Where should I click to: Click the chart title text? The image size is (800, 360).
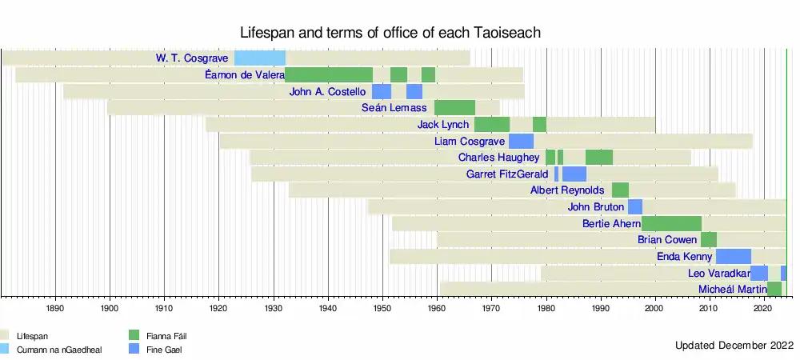tap(391, 33)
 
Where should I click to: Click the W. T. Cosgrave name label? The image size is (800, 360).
tap(193, 58)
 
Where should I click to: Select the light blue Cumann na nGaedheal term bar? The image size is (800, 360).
tap(259, 58)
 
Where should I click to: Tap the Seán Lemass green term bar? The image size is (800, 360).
tap(454, 107)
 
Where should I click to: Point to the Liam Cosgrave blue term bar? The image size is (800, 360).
tap(521, 141)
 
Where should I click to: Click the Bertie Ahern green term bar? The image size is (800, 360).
tap(671, 223)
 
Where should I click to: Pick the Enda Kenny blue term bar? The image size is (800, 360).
tap(733, 257)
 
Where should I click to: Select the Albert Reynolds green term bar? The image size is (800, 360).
tap(620, 190)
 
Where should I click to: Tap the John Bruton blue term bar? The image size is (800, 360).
tap(635, 206)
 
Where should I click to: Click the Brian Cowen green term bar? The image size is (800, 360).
tap(709, 240)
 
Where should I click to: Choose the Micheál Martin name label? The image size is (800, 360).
tap(732, 289)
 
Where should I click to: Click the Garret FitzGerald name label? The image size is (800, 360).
tap(507, 174)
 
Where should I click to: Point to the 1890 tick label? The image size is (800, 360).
tap(55, 308)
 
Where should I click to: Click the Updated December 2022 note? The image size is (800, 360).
tap(731, 346)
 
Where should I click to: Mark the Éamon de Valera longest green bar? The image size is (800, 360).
tap(329, 74)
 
